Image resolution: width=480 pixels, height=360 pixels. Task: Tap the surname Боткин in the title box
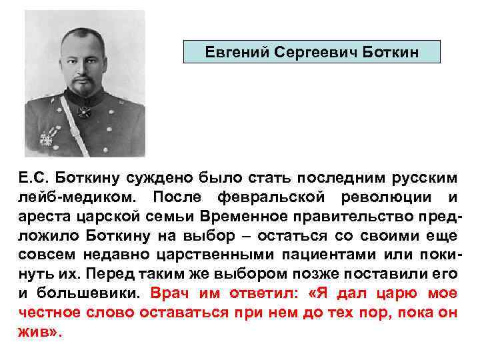[x=387, y=51]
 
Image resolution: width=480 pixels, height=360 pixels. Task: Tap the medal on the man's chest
[x=47, y=138]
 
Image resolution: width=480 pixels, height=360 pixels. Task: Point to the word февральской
[x=273, y=198]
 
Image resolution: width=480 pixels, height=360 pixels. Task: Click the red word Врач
[x=170, y=293]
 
